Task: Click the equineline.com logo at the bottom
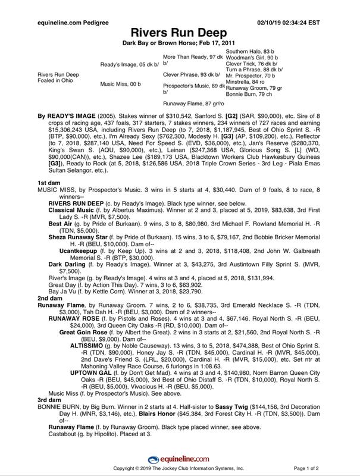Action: pos(179,458)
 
